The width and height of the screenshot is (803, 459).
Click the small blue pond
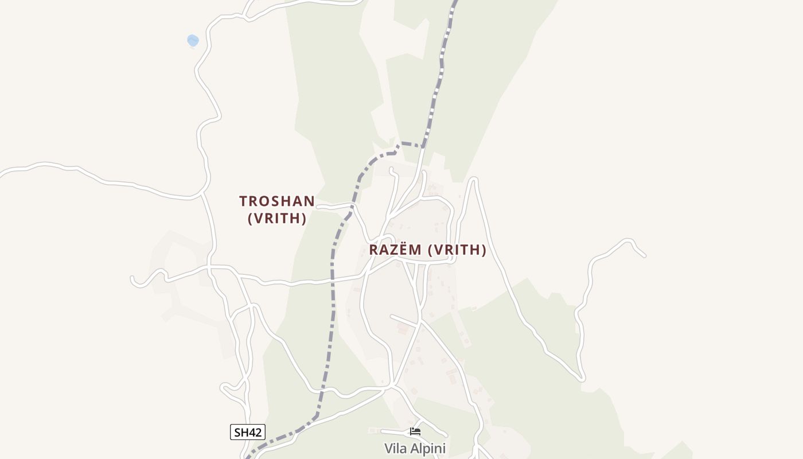click(x=193, y=40)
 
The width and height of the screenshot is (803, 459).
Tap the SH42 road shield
click(x=248, y=432)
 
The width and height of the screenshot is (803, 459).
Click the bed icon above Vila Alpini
click(x=415, y=431)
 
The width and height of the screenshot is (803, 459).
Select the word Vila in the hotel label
click(x=396, y=448)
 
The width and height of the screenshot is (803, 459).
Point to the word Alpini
click(x=428, y=448)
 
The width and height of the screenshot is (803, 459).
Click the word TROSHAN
click(x=277, y=201)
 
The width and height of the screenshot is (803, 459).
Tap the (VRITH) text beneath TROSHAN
click(x=277, y=219)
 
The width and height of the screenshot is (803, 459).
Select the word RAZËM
click(x=396, y=250)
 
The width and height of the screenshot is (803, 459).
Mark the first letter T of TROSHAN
click(x=243, y=201)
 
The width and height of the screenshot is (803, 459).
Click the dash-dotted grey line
click(x=332, y=298)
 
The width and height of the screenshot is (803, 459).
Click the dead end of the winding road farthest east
click(x=645, y=256)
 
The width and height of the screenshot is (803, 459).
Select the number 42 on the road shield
click(x=256, y=432)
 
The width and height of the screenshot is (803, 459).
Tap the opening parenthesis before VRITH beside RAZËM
click(x=432, y=250)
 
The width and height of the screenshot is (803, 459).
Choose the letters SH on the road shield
click(x=241, y=432)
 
